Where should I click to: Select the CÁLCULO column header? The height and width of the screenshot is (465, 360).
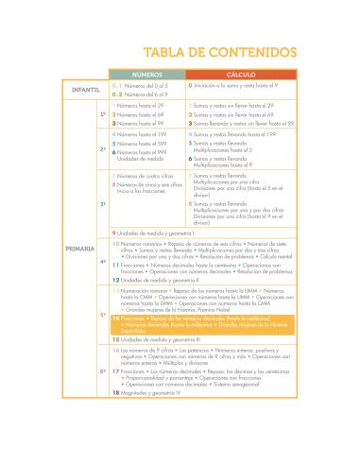(x=241, y=73)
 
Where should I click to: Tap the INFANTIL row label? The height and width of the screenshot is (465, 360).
(x=79, y=89)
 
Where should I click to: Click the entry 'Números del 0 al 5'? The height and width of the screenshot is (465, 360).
(x=139, y=84)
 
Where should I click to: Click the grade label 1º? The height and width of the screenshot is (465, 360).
(x=102, y=114)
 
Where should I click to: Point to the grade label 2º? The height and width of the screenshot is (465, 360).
(x=102, y=149)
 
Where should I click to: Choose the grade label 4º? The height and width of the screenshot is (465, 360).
(x=102, y=262)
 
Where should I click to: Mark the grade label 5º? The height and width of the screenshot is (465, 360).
(x=102, y=315)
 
